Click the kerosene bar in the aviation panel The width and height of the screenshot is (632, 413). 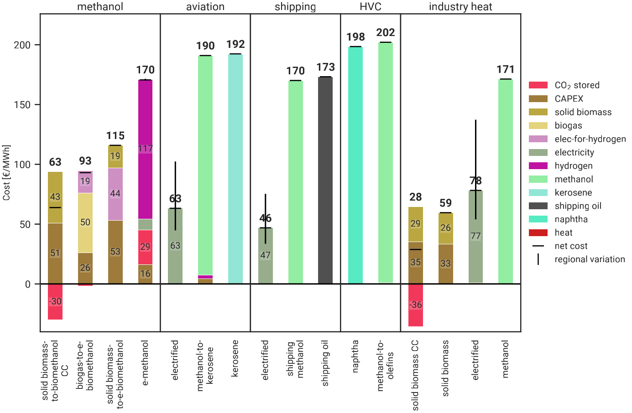[235, 169]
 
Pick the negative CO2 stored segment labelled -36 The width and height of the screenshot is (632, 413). [416, 305]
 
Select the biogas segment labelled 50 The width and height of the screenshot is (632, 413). [85, 222]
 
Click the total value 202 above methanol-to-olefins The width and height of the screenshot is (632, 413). [386, 33]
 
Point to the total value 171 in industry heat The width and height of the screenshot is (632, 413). [506, 70]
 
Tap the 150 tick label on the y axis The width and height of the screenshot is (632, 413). [22, 105]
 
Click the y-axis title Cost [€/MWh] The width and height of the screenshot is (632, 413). [6, 173]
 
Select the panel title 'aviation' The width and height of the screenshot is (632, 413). [205, 7]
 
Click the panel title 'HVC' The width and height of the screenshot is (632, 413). [371, 7]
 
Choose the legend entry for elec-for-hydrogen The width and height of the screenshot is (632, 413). [590, 139]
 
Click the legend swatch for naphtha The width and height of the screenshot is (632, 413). [538, 219]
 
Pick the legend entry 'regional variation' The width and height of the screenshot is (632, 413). [590, 259]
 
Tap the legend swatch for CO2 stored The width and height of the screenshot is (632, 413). [538, 85]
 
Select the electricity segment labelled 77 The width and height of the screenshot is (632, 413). [476, 236]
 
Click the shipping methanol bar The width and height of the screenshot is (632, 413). [296, 182]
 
